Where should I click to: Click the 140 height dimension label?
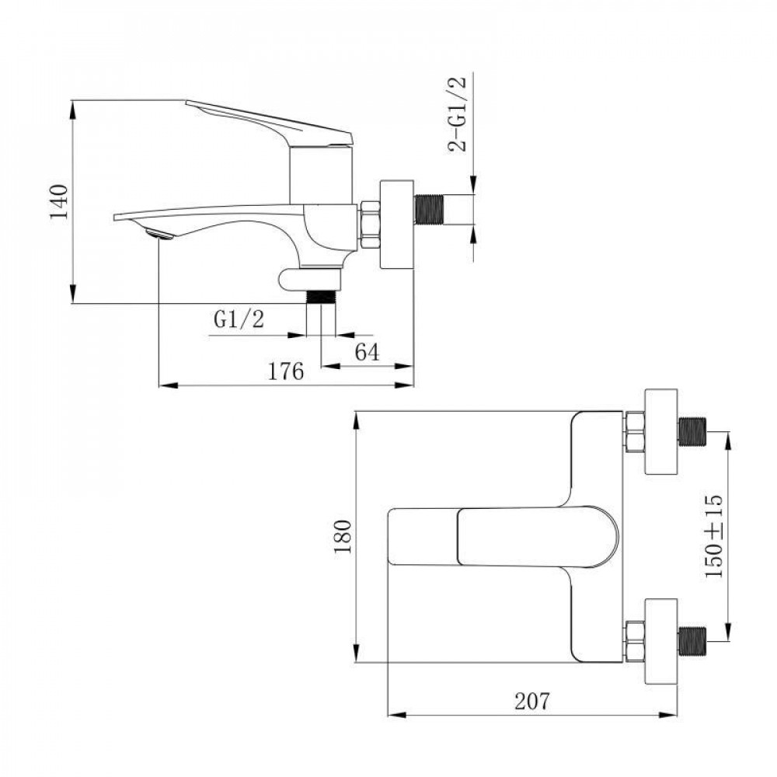point(60,202)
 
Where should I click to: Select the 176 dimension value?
point(285,371)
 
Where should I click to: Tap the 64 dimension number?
point(367,352)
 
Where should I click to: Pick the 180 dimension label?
point(342,536)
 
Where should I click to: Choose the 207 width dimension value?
point(531,701)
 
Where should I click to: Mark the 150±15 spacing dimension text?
point(713,536)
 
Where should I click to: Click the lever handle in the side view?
point(272,121)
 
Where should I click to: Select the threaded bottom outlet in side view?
point(322,296)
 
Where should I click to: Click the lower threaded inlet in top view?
point(694,642)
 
